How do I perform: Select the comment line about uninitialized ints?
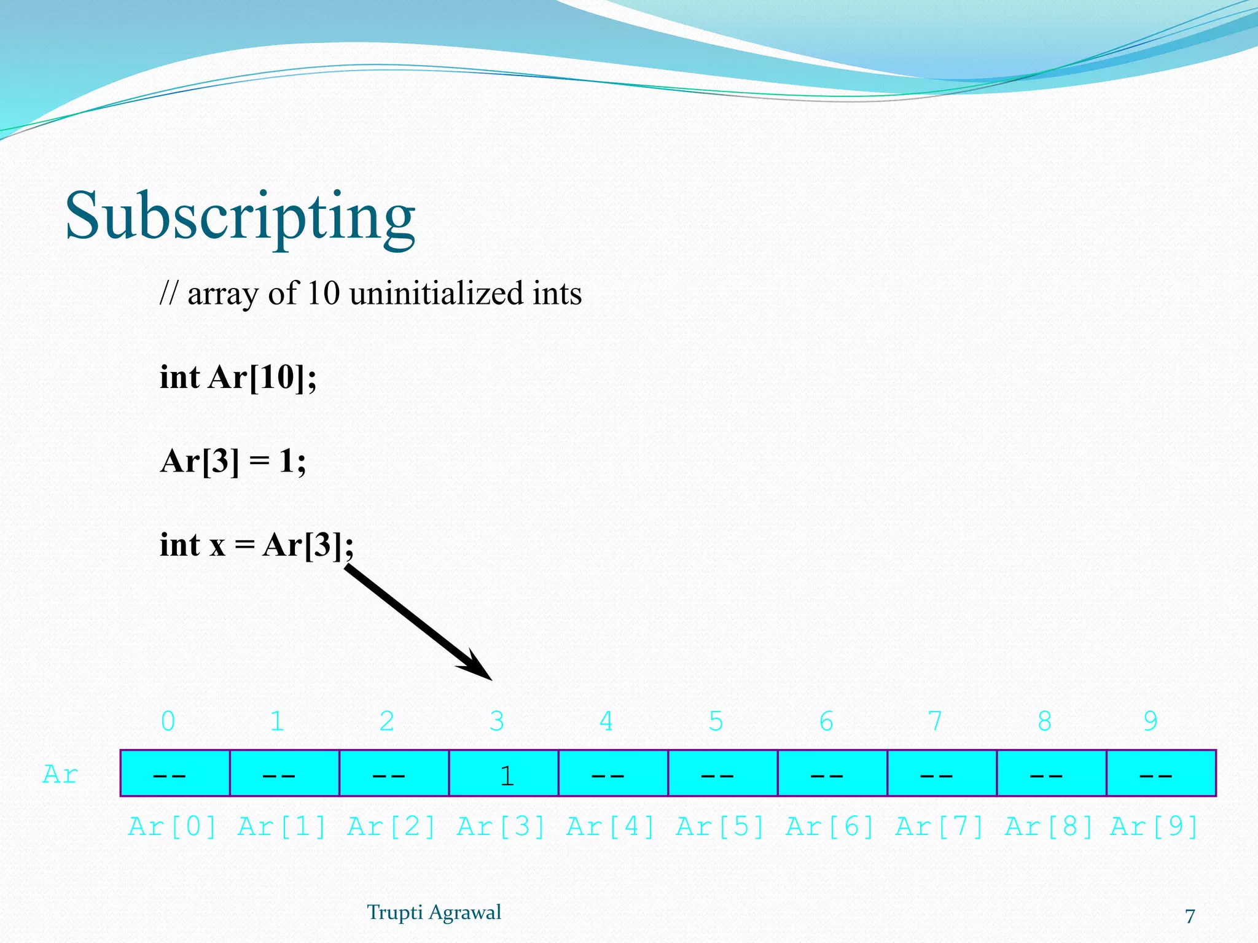pos(370,293)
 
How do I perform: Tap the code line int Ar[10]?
pos(238,377)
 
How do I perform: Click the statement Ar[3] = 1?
pos(233,460)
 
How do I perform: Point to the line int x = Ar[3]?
pos(256,545)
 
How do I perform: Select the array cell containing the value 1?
pos(504,774)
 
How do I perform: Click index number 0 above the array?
pos(168,721)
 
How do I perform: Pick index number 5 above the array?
pos(716,721)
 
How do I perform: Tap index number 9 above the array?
pos(1151,721)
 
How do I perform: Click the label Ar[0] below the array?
pos(173,827)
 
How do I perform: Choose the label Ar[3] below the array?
pos(501,827)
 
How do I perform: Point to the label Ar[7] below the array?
pos(940,827)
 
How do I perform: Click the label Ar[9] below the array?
pos(1154,827)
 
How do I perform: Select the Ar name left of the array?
pos(60,775)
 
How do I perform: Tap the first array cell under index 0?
pos(175,774)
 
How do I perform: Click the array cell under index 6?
pos(832,774)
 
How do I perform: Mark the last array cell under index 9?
pos(1161,774)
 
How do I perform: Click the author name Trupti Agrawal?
pos(434,912)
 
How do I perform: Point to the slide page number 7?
pos(1190,916)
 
